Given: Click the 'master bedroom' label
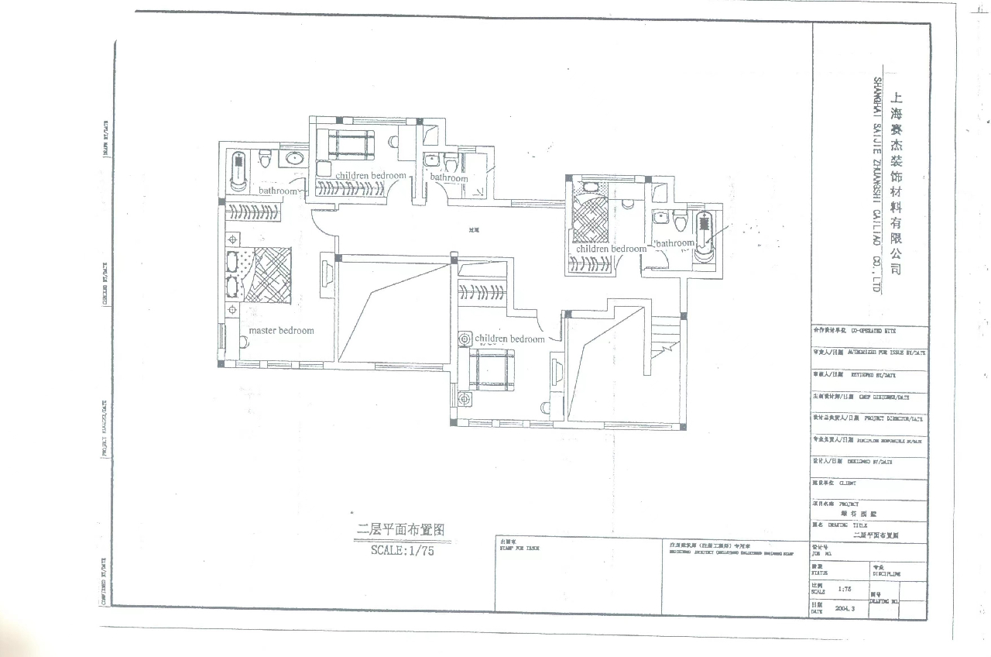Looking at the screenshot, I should pyautogui.click(x=281, y=331).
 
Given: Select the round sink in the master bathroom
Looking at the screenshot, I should pyautogui.click(x=293, y=159).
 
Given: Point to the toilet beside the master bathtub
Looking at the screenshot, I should pyautogui.click(x=265, y=159).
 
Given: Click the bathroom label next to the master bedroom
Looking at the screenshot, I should pyautogui.click(x=278, y=191).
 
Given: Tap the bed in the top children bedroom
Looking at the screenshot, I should pyautogui.click(x=351, y=144).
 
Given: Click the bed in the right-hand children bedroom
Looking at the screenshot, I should pyautogui.click(x=591, y=219).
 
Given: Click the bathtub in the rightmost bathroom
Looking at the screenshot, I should pyautogui.click(x=704, y=232).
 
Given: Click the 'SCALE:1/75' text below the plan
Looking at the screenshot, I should pyautogui.click(x=403, y=551).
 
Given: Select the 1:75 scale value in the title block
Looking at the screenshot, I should pyautogui.click(x=845, y=589).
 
